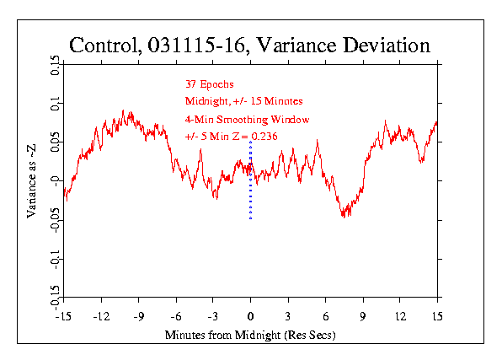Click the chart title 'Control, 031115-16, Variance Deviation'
point(249,46)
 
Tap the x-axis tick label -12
point(101,317)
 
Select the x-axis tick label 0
point(250,317)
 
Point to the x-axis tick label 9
point(363,317)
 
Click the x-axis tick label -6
point(176,317)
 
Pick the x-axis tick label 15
point(437,317)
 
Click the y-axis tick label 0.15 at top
point(55,66)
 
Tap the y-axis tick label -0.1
point(55,259)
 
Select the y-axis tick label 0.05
point(55,142)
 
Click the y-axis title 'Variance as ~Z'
point(31,181)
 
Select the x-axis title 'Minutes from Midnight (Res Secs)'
point(250,335)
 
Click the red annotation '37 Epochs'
point(210,84)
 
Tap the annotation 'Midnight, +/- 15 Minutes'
point(244,101)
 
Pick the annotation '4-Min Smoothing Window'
point(247,120)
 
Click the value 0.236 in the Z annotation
point(264,137)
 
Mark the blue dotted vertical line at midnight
point(251,180)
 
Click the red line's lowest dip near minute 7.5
point(344,217)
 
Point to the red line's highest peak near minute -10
point(123,111)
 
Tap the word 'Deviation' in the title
point(387,46)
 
